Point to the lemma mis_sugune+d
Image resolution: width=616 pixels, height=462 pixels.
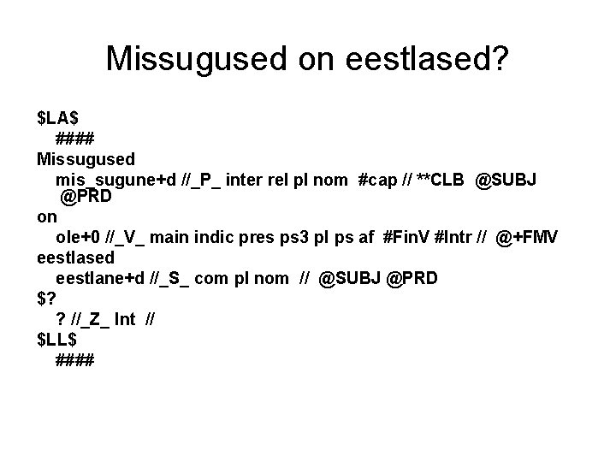pos(116,180)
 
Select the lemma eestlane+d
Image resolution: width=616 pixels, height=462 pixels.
pos(104,278)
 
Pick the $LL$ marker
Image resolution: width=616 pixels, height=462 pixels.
pos(56,340)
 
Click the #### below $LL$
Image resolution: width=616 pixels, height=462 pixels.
pos(75,360)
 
